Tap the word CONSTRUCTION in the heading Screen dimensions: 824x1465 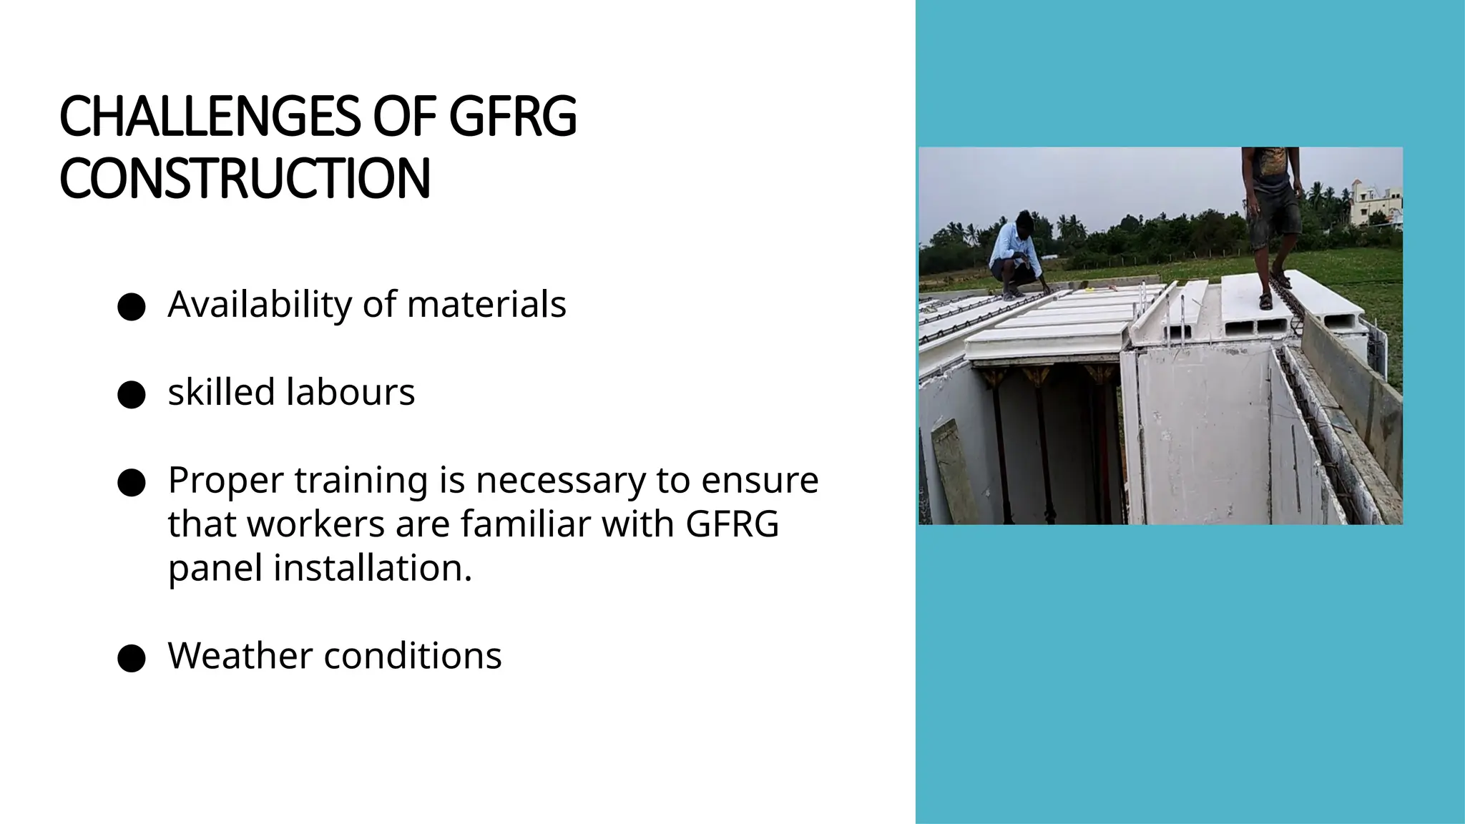tap(245, 178)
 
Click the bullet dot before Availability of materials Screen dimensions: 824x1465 tap(132, 307)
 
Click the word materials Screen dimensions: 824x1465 tap(486, 304)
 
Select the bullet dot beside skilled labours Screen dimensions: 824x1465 tap(132, 395)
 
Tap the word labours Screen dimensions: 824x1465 tap(351, 392)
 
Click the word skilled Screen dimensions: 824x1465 tap(221, 392)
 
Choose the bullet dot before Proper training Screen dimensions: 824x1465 tap(132, 483)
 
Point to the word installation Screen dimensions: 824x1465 tap(373, 568)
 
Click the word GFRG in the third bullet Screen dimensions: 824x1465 tap(732, 524)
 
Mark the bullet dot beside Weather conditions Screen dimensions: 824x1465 tap(132, 658)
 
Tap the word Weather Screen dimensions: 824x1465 tap(240, 655)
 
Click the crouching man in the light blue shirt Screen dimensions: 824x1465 tap(1014, 254)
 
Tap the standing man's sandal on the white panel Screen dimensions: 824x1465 tap(1266, 301)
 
